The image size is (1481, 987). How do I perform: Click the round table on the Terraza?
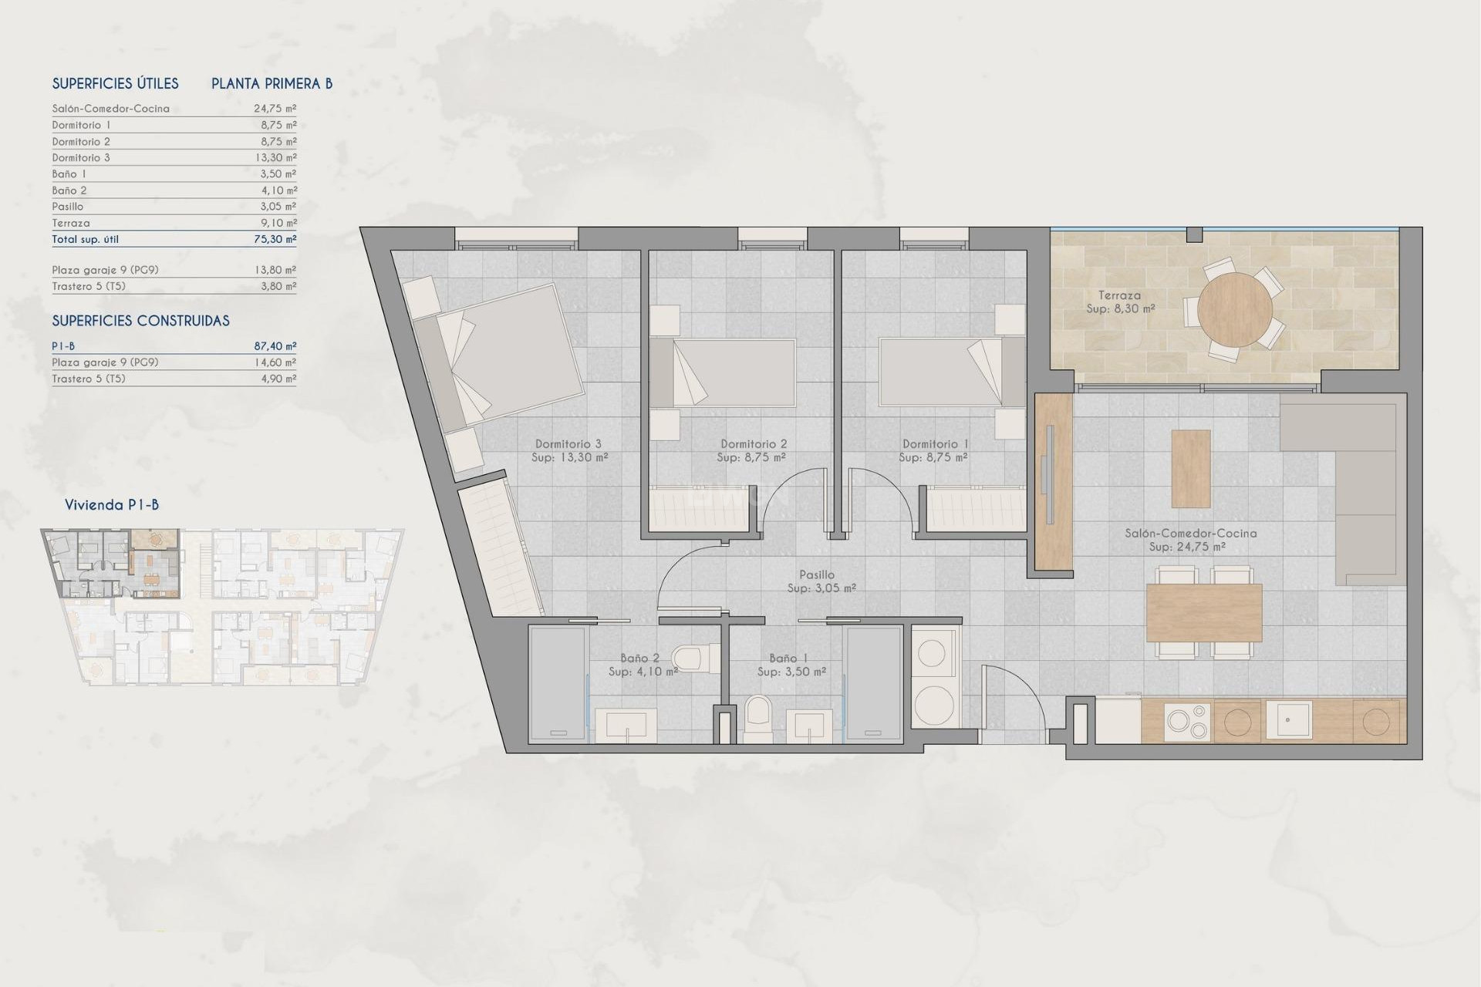[1235, 310]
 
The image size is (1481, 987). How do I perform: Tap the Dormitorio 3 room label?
[568, 444]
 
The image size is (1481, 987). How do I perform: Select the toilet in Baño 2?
[689, 659]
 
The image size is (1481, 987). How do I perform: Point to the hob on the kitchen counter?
[1188, 722]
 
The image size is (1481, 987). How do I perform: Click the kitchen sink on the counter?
[1287, 720]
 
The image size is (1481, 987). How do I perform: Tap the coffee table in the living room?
[1190, 468]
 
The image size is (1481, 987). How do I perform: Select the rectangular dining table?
[1203, 612]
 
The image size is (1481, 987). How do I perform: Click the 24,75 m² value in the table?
[275, 109]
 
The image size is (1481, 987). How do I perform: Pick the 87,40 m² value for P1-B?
[275, 346]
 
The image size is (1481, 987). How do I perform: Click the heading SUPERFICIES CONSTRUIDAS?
[140, 321]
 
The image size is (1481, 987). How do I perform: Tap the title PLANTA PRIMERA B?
[272, 83]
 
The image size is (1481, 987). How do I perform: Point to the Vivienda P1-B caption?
[112, 505]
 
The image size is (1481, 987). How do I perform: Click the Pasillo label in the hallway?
[817, 574]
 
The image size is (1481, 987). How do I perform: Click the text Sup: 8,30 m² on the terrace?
[1120, 308]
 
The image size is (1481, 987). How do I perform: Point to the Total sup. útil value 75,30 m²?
[275, 239]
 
